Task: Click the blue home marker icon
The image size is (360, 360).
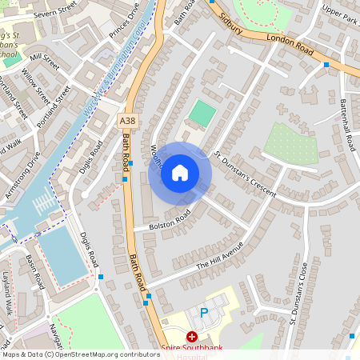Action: pyautogui.click(x=180, y=173)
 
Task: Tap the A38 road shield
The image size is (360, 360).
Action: pyautogui.click(x=126, y=121)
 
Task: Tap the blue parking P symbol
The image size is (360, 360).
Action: pyautogui.click(x=203, y=312)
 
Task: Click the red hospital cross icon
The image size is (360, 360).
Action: pyautogui.click(x=192, y=338)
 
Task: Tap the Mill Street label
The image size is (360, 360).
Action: pyautogui.click(x=44, y=59)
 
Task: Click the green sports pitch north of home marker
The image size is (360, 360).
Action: pyautogui.click(x=202, y=113)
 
